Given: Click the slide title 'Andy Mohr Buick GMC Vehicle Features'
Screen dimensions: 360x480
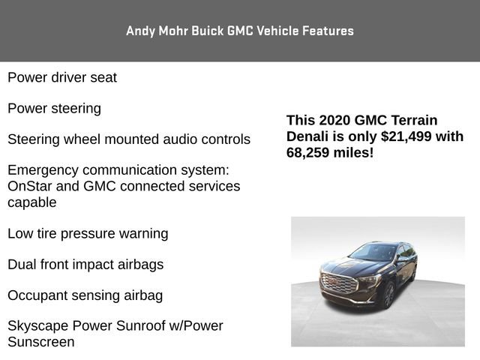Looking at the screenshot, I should pos(240,31).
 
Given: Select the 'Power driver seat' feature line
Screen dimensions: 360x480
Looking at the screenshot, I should pos(62,77).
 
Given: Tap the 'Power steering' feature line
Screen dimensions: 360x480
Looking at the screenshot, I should pos(54,109).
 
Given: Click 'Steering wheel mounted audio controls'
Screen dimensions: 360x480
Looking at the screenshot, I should pos(129,139).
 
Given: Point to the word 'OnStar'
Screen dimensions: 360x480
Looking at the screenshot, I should pos(30,186).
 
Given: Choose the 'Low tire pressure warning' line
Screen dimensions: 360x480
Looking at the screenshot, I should pos(88,233).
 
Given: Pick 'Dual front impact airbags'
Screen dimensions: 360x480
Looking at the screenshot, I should pos(85,265).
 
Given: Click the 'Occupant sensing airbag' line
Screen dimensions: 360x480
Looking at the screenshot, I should pos(85,295).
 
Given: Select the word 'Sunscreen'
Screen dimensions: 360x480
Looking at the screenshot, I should pos(41,342).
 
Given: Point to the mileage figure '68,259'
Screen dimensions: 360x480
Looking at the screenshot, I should pos(311,152).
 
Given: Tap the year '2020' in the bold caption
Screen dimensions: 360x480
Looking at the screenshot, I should pos(335,120).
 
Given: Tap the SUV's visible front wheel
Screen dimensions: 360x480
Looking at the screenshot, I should pos(388,295).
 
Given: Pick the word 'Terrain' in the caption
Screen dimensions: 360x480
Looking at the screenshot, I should pos(412,120).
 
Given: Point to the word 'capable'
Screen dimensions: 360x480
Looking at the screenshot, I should pos(32,202).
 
